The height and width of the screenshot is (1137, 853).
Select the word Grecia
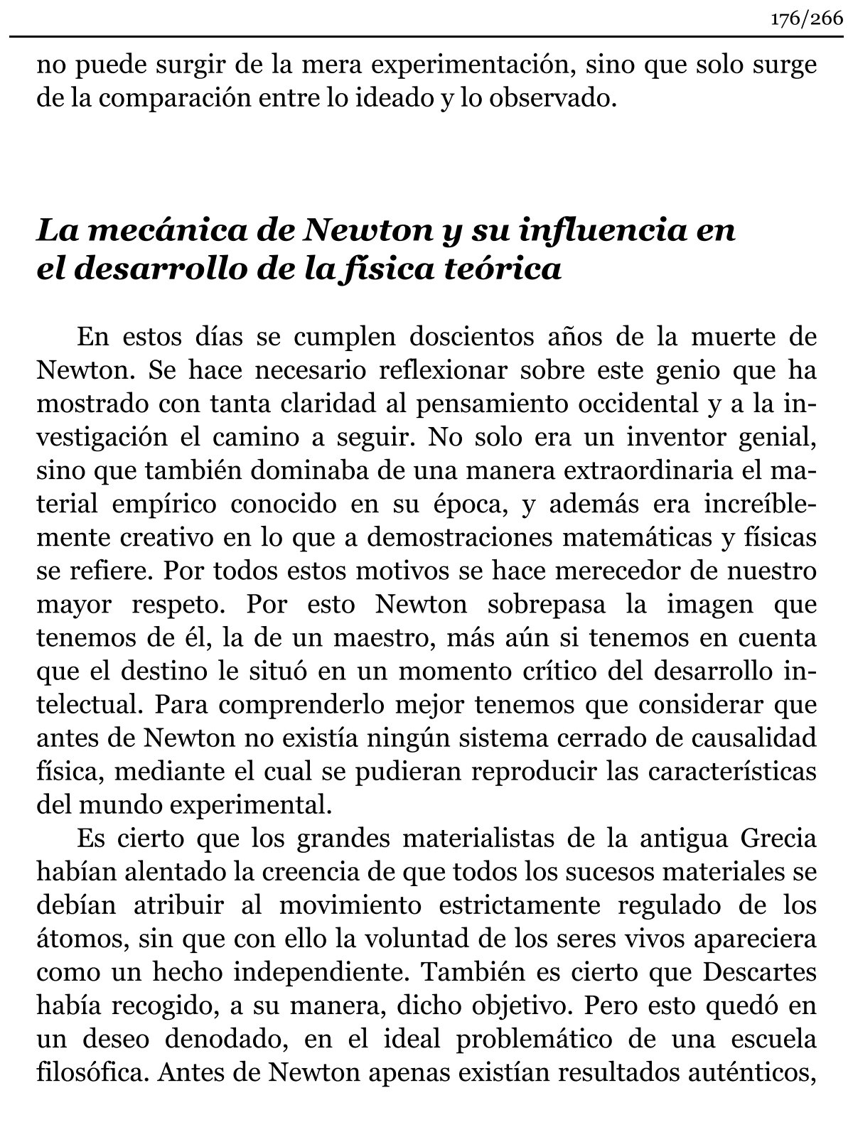pyautogui.click(x=778, y=839)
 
